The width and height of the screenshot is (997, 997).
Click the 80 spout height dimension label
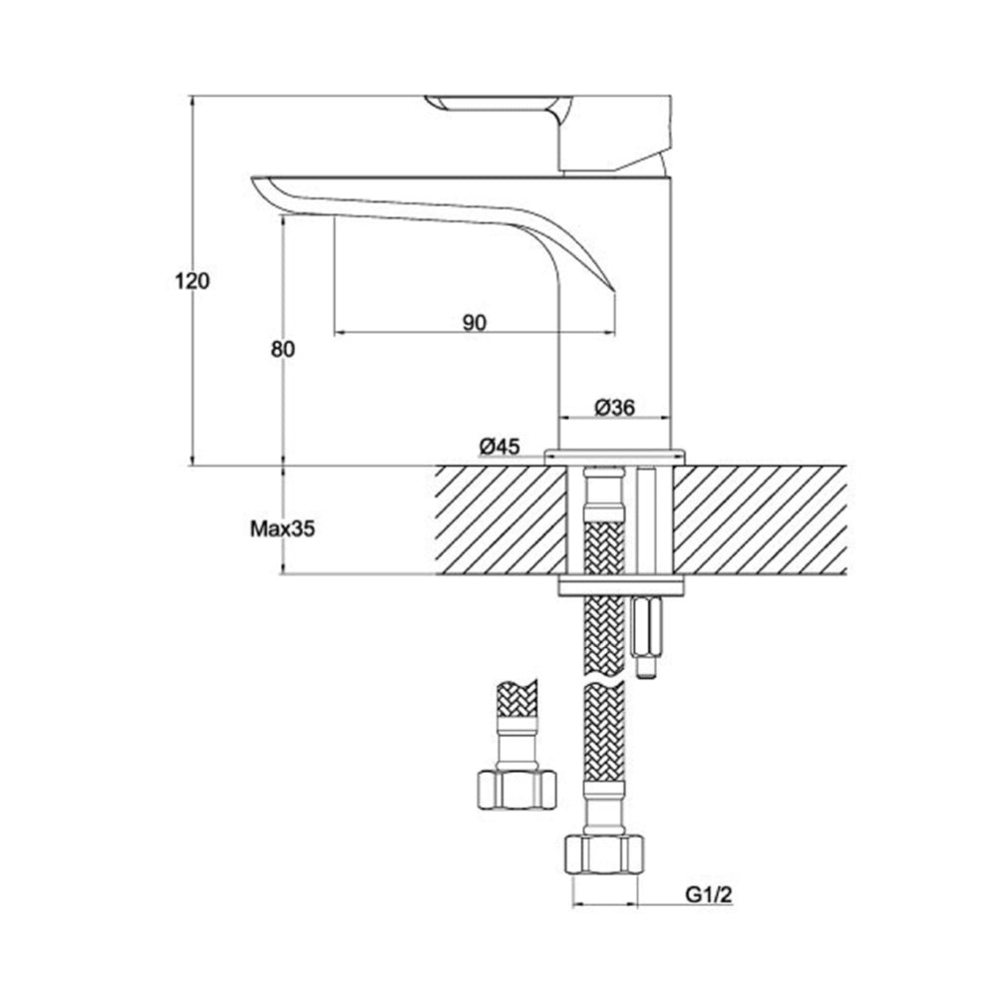pos(284,349)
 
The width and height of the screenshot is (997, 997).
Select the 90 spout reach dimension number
pos(475,321)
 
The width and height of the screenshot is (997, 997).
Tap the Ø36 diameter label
pos(615,407)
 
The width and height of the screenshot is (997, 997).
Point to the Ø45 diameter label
pos(498,448)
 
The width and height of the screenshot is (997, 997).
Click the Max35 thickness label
pos(282,529)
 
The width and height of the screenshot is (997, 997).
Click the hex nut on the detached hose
pos(513,788)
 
